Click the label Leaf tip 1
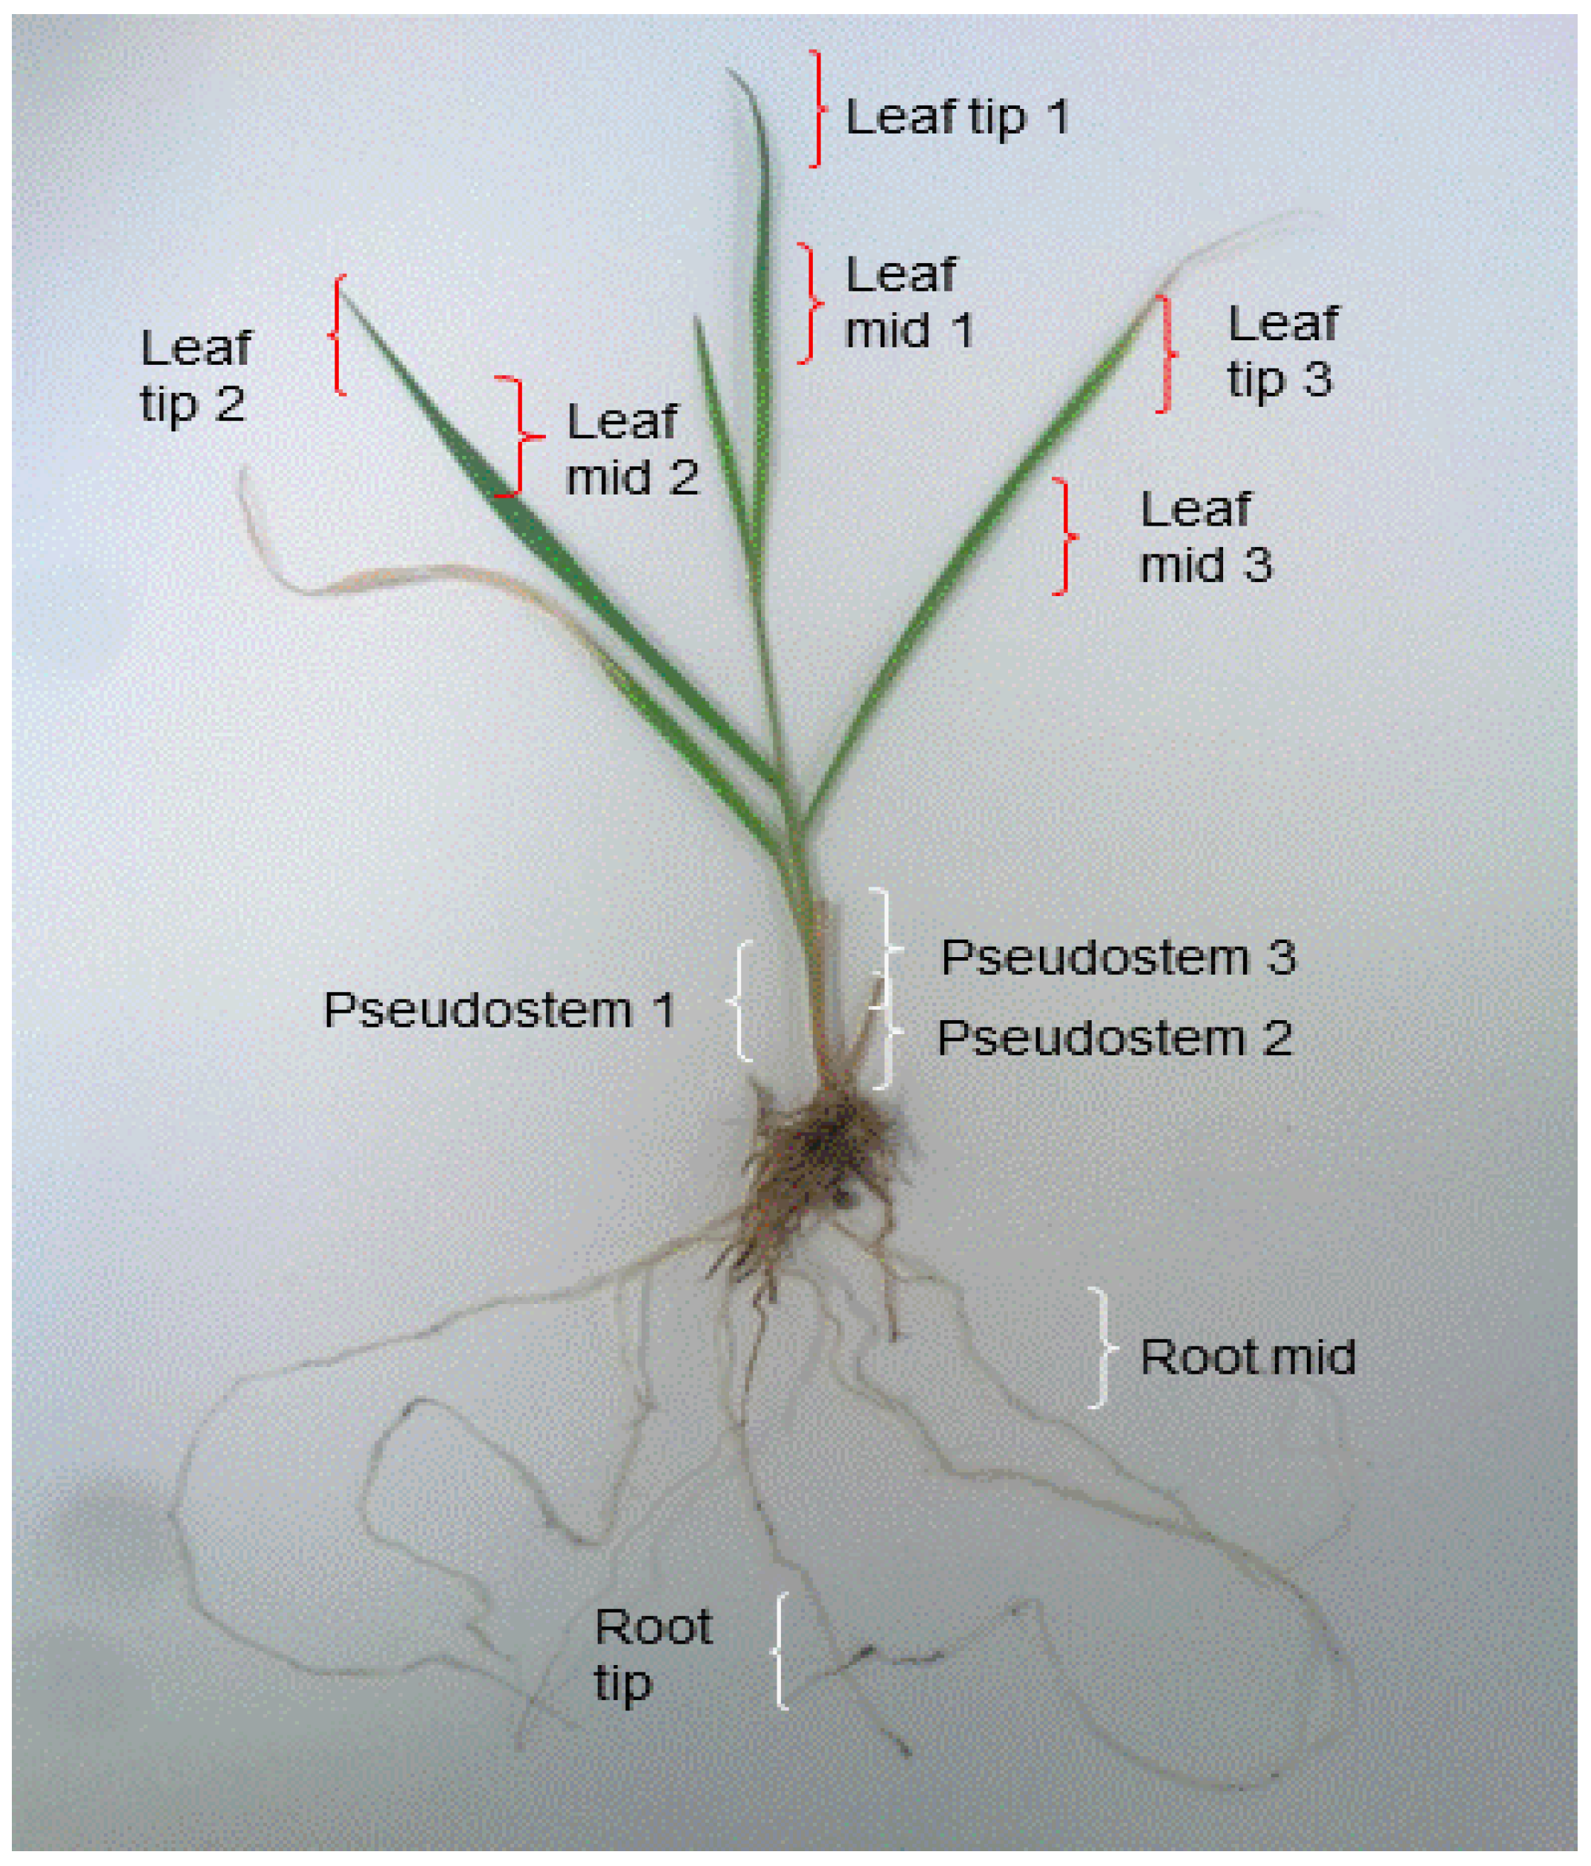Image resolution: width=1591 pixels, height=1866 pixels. (x=957, y=117)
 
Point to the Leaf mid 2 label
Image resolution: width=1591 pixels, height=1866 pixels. (x=631, y=449)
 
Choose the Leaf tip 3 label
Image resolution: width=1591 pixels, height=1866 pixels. (x=1281, y=351)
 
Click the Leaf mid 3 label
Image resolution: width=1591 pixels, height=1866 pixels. (x=1205, y=537)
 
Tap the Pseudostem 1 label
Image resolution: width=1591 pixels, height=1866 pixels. (x=499, y=1010)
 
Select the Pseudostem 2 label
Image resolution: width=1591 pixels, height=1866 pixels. (x=1114, y=1039)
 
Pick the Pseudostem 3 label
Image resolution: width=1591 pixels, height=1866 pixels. (x=1118, y=957)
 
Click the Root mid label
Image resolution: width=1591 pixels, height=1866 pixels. (x=1247, y=1357)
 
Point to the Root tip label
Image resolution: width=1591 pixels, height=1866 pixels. (x=652, y=1655)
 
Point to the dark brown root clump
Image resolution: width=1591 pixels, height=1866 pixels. (x=824, y=1153)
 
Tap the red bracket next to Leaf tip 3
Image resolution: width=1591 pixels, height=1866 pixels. (x=1167, y=354)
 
